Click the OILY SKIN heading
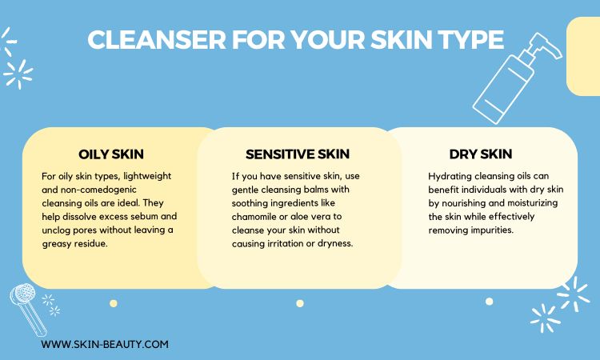(111, 154)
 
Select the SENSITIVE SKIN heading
(298, 154)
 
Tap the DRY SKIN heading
(481, 154)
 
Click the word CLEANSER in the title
(157, 39)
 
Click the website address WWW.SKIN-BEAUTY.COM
(105, 344)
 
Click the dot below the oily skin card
(114, 303)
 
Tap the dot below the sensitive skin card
(300, 303)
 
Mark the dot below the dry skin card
(489, 302)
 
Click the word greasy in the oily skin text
(56, 244)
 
